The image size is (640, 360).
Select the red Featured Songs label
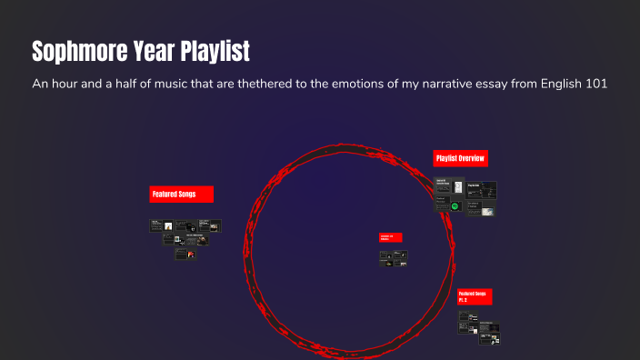coord(181,194)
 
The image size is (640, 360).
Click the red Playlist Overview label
coord(460,158)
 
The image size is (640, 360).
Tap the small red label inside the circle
coord(390,237)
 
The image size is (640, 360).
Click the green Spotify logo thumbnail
coord(455,206)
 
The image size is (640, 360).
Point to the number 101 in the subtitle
coord(594,84)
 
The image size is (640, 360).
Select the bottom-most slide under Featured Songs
coord(185,255)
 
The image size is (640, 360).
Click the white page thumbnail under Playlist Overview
coord(459,187)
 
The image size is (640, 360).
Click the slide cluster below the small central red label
coord(392,258)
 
